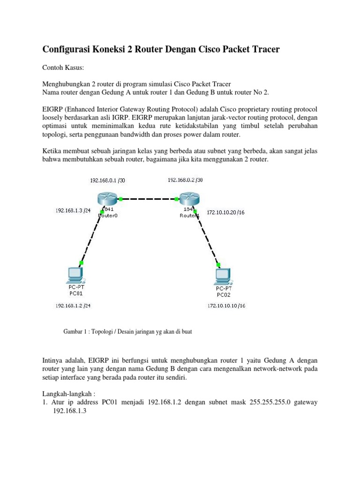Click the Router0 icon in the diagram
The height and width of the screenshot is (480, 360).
[x=106, y=199]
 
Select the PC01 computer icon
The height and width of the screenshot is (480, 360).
[x=75, y=274]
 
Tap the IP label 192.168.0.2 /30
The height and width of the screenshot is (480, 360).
[x=186, y=180]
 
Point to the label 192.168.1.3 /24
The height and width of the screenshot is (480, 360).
[x=73, y=210]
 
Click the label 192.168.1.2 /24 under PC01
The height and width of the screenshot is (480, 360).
[x=73, y=306]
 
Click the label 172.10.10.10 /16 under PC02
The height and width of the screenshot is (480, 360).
[x=226, y=306]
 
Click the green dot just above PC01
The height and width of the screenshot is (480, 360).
[x=82, y=263]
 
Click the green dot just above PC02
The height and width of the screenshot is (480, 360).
[x=217, y=264]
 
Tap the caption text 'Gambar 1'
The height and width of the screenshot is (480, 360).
[x=76, y=331]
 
